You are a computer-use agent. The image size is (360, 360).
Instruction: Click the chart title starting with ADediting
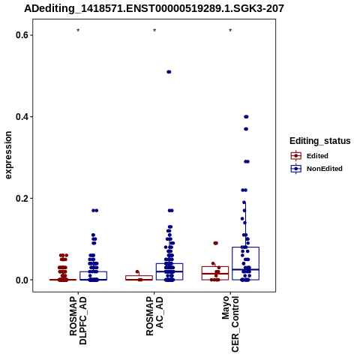tap(154, 9)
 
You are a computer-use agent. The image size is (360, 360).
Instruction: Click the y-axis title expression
tap(8, 155)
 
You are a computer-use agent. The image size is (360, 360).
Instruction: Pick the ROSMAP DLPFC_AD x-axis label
tap(78, 320)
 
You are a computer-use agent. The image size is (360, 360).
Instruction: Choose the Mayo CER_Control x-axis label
tap(230, 324)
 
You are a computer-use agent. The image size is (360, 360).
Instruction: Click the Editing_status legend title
tap(320, 141)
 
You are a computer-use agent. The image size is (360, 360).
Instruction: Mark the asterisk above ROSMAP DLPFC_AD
tap(78, 31)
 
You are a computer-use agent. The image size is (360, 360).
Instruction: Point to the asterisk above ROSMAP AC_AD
tap(154, 31)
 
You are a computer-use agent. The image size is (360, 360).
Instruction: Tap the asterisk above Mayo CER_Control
tap(230, 31)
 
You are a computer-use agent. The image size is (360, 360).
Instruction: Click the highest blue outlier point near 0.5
tap(169, 72)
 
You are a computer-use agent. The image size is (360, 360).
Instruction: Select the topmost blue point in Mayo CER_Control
tap(246, 117)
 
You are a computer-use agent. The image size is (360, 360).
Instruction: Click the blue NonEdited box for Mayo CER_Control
tap(245, 247)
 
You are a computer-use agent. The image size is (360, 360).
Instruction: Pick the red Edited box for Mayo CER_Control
tap(215, 266)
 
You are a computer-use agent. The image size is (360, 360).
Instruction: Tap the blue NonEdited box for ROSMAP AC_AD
tap(169, 263)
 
